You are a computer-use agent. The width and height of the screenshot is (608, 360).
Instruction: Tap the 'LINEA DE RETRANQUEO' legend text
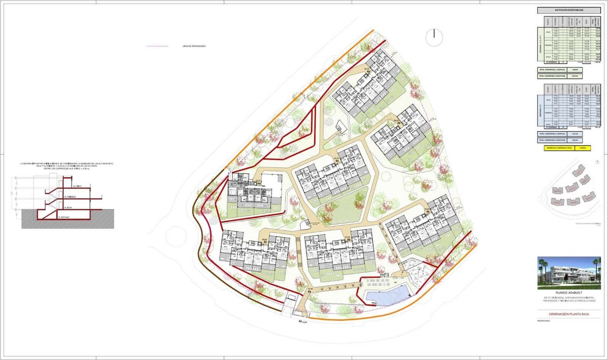(x=194, y=46)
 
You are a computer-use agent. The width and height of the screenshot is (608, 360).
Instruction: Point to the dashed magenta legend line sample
(x=157, y=46)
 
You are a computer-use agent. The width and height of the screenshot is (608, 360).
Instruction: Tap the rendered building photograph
(x=569, y=273)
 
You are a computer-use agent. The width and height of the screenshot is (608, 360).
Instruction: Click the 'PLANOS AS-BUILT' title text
(x=569, y=293)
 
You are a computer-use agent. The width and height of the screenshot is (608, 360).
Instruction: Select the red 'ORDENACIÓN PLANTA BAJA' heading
(x=569, y=314)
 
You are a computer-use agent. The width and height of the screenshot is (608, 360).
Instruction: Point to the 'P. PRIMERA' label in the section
(x=70, y=197)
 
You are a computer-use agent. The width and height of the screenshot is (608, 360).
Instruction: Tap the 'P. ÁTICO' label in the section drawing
(x=77, y=186)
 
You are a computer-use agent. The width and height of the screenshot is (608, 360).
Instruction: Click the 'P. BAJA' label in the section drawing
(x=68, y=208)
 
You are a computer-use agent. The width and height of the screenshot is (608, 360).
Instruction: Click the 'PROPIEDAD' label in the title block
(x=543, y=321)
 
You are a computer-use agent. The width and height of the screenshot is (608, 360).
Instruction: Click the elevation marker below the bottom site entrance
(x=302, y=322)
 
